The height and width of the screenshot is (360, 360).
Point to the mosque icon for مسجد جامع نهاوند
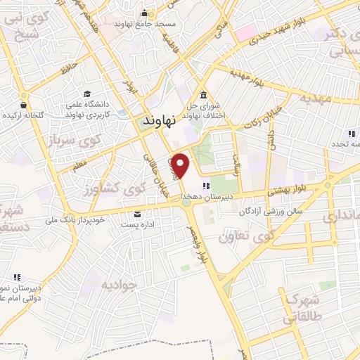(x=144, y=13)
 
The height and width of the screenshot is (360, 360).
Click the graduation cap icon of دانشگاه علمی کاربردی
(x=87, y=94)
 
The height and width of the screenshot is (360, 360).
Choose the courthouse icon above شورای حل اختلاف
(x=203, y=96)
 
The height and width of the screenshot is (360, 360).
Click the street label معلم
(x=79, y=165)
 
